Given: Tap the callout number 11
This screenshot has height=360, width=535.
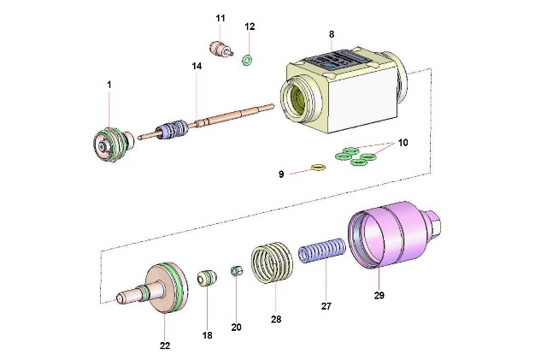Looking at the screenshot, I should pyautogui.click(x=220, y=18).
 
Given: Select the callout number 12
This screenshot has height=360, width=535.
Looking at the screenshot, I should pyautogui.click(x=250, y=27).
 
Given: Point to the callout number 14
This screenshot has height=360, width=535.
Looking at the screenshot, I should pyautogui.click(x=197, y=66).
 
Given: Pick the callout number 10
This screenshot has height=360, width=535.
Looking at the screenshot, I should pyautogui.click(x=403, y=143).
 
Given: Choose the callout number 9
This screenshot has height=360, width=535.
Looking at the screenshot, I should pyautogui.click(x=281, y=174).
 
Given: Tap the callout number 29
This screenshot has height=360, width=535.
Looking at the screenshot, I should pyautogui.click(x=379, y=296).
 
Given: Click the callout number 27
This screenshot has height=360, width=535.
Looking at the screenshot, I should pyautogui.click(x=325, y=304).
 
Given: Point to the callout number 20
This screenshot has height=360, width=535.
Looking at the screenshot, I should pyautogui.click(x=237, y=327).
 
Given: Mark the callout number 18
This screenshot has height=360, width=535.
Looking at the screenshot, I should pyautogui.click(x=207, y=335).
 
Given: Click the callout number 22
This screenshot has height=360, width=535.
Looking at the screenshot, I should pyautogui.click(x=164, y=345).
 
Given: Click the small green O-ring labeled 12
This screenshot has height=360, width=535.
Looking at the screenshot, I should pyautogui.click(x=246, y=60).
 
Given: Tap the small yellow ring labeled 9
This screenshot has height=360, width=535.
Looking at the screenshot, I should pyautogui.click(x=318, y=167).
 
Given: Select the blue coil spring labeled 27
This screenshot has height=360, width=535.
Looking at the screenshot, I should pyautogui.click(x=321, y=255).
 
